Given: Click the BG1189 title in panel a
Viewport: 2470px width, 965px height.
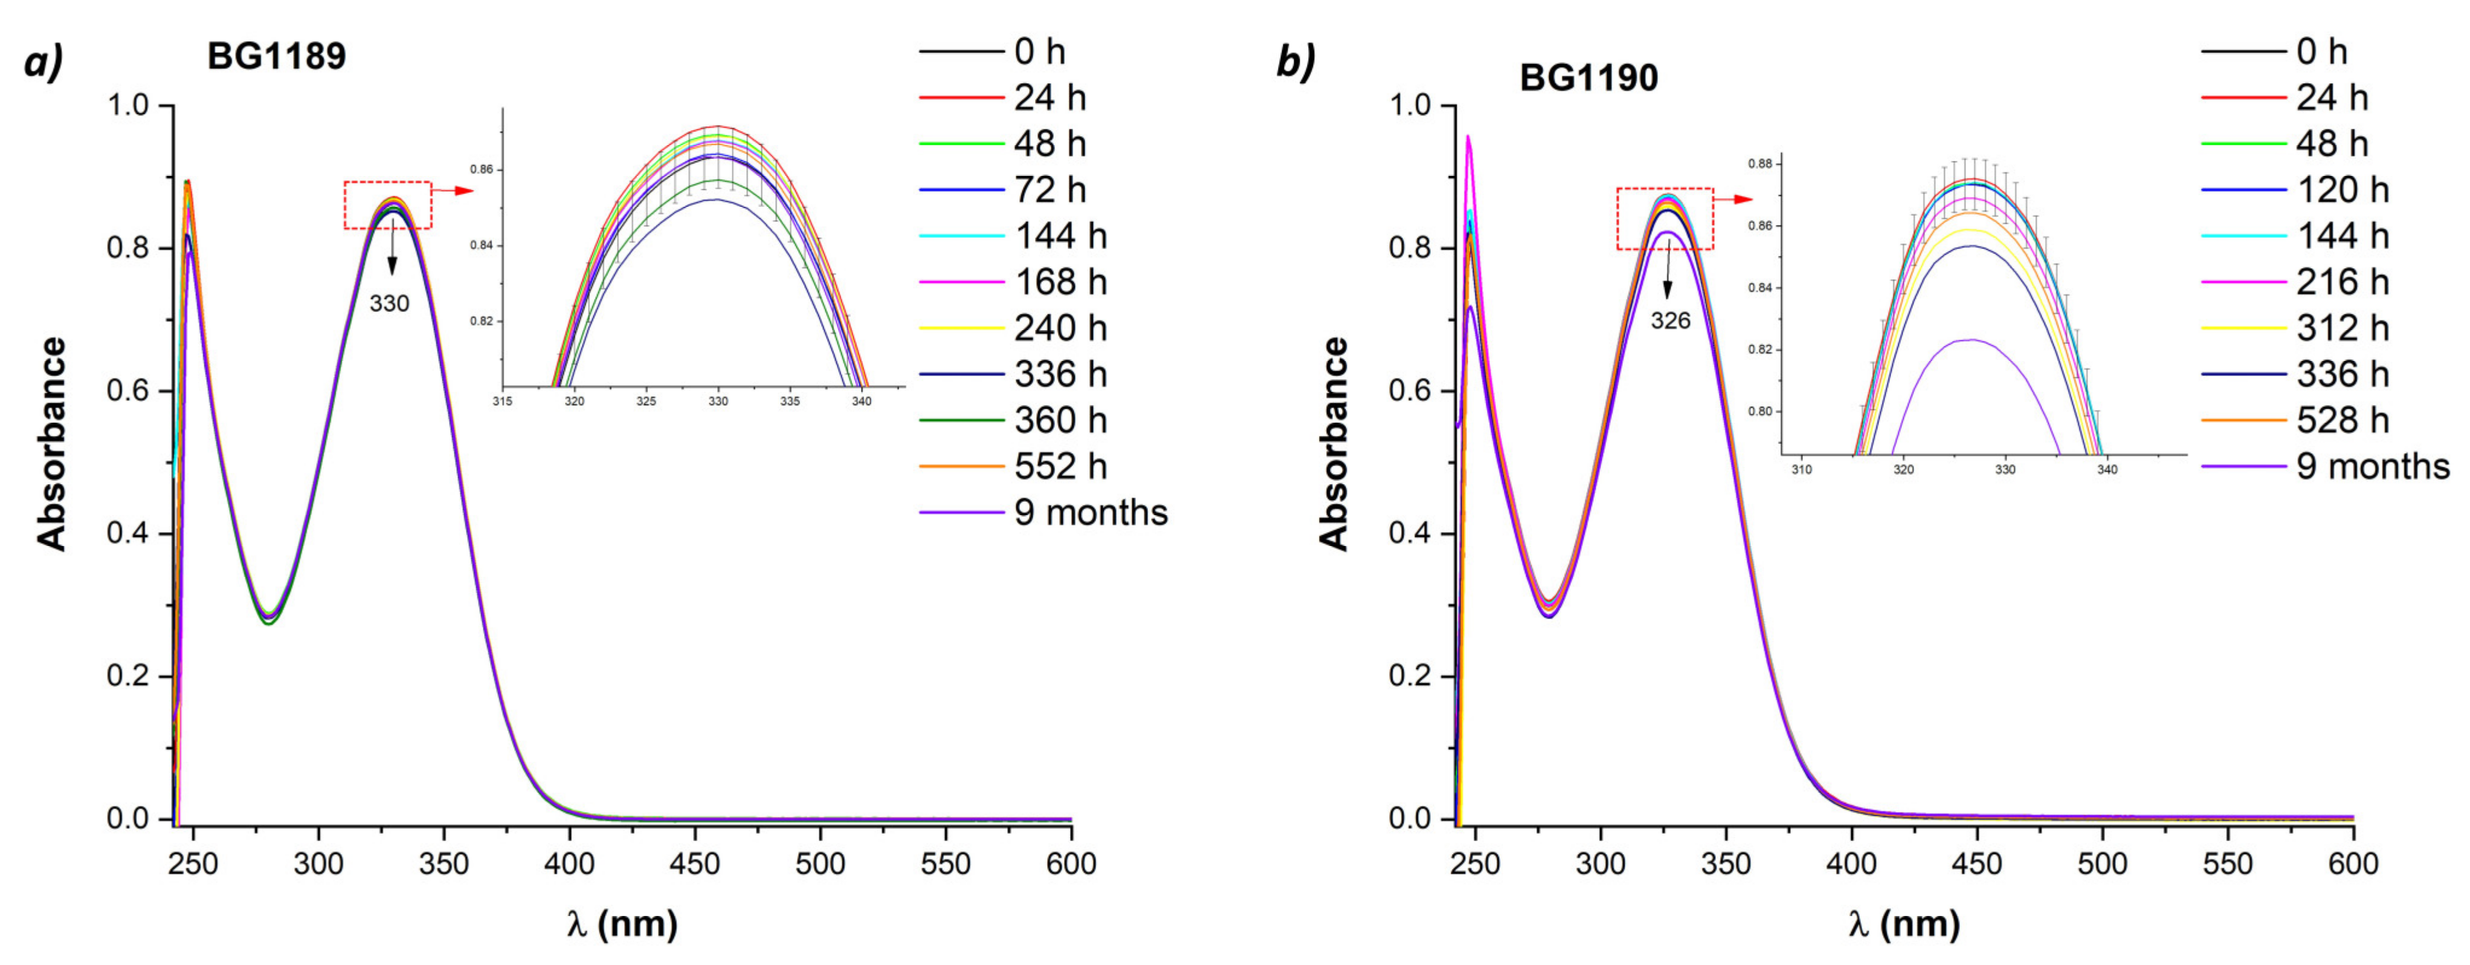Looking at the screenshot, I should point(276,57).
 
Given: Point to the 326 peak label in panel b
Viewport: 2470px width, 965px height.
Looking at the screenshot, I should point(1670,321).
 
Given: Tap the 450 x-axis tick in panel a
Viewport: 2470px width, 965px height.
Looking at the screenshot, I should point(694,864).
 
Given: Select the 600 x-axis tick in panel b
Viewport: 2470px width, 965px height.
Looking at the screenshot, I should point(2353,864).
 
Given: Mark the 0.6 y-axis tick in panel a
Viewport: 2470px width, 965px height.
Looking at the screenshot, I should point(127,391).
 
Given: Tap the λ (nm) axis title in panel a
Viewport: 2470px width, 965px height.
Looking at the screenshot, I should point(621,924).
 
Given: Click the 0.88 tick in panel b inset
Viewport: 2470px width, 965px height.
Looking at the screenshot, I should point(1759,164).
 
